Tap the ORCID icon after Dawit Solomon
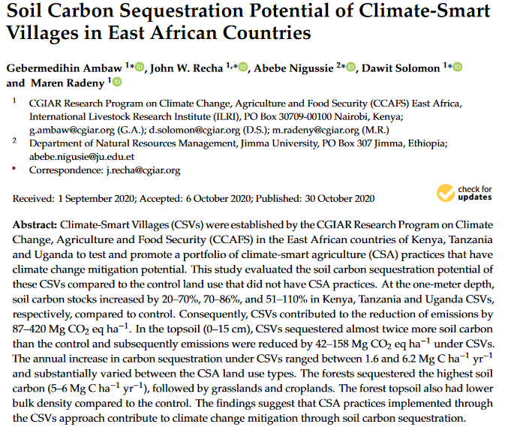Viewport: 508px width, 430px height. [x=457, y=68]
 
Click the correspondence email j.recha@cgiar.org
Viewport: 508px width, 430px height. [x=142, y=170]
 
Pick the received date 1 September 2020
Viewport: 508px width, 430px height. [x=96, y=199]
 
